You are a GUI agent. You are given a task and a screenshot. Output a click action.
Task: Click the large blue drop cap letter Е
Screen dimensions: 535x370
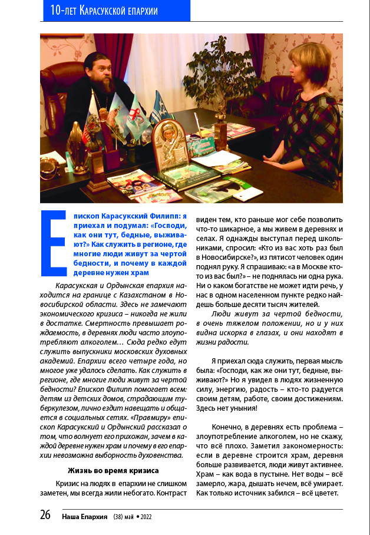click(x=53, y=242)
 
